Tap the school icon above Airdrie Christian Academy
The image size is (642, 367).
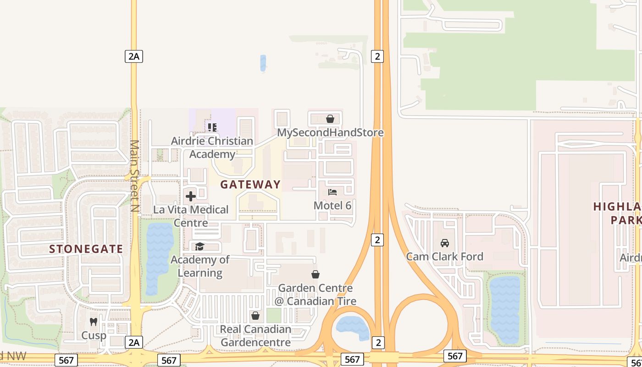[x=212, y=127]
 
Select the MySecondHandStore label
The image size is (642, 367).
[x=330, y=133]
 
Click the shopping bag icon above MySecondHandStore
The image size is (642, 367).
[x=330, y=119]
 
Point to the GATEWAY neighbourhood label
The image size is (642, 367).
[x=250, y=184]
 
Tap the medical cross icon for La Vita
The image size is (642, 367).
[x=191, y=196]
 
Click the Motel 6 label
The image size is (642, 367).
[x=332, y=206]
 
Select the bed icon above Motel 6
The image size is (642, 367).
[x=332, y=192]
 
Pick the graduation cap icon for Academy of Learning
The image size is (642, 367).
[x=200, y=246]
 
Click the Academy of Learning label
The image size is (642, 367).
[x=200, y=267]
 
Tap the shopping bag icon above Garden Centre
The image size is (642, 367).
[x=315, y=274]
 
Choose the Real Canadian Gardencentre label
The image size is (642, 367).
[x=255, y=336]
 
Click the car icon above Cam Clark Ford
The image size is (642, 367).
[x=444, y=243]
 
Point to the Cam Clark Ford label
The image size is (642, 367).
[x=444, y=256]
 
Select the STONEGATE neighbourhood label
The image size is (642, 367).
[x=86, y=249]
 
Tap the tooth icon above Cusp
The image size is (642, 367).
[x=94, y=322]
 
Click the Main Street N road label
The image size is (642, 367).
[x=133, y=176]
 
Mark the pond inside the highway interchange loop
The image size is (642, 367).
[x=353, y=327]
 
